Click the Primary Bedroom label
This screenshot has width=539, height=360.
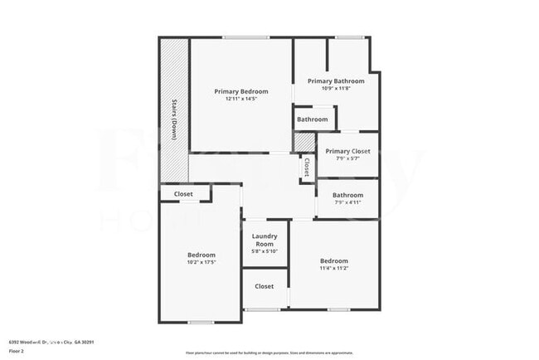coord(241,91)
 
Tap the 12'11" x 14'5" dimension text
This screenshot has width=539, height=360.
coord(241,99)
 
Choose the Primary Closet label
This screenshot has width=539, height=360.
coord(347,151)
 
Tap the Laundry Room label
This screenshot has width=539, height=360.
coord(265,240)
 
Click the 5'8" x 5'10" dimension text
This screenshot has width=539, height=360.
coord(265,251)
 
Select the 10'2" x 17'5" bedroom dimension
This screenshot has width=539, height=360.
coord(201,262)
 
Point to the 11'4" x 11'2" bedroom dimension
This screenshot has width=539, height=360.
coord(333,268)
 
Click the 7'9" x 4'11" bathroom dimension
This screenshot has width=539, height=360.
coord(347,202)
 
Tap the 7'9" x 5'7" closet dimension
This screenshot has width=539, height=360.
coord(347,158)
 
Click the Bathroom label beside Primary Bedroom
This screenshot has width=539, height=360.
coord(313,119)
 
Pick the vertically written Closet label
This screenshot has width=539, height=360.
coord(307,167)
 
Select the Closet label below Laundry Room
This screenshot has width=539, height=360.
coord(264,286)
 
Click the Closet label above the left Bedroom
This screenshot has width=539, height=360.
coord(183,194)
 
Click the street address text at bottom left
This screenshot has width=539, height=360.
coord(51,341)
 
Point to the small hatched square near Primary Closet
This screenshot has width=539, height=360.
coord(299,143)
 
